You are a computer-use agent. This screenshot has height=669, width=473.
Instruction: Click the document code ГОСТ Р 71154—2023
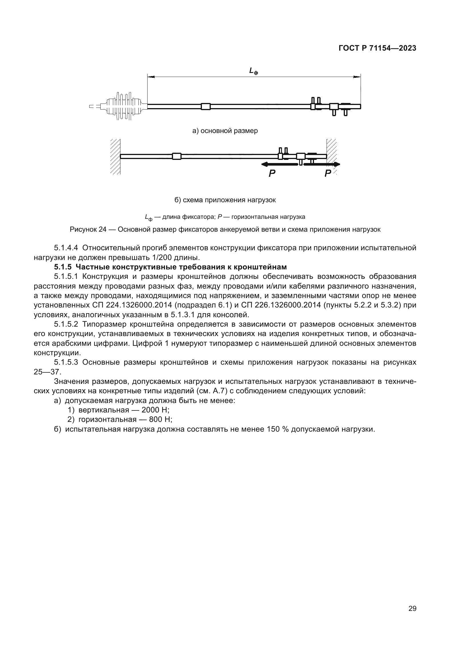377,48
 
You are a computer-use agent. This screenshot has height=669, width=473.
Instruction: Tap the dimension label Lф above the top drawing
253,71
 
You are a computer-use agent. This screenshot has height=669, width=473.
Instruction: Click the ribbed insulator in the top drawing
124,107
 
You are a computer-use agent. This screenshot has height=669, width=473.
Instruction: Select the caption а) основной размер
225,131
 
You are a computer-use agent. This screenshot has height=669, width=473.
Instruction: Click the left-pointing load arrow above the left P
280,164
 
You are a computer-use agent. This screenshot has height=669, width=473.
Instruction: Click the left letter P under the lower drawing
272,174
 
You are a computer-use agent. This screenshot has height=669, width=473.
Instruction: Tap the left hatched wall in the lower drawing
115,157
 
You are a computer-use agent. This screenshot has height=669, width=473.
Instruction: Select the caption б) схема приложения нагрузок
225,200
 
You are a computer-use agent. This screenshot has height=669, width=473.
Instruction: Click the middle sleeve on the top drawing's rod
206,107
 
